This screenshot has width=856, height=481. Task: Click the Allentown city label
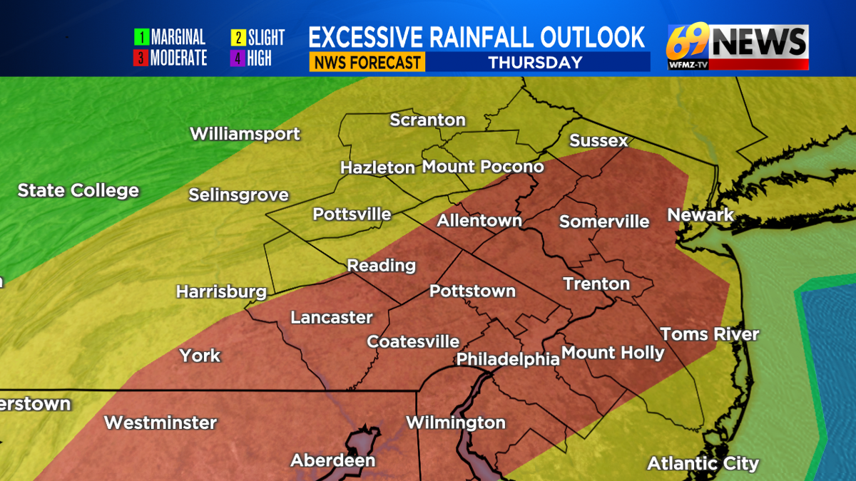coord(479,221)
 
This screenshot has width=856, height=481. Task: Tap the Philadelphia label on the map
coord(508,358)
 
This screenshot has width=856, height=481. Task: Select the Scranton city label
coord(427,120)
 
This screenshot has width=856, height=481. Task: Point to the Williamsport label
coord(245,134)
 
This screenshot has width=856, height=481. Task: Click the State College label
coord(78,190)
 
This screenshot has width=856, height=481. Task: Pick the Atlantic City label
coord(703,464)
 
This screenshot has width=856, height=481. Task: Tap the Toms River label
coord(709,334)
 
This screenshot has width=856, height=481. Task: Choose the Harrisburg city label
coord(221,291)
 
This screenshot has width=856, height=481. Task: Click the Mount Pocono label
coord(483,167)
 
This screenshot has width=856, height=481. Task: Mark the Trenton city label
coord(596,284)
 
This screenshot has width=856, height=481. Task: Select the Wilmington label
coord(456,423)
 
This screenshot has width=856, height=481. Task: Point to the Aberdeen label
coord(332,460)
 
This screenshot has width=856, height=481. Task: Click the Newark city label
coord(700,214)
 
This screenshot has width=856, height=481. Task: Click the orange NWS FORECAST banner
coord(367,62)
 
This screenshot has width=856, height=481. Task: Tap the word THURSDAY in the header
coord(535,62)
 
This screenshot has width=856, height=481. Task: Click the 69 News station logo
coord(737,46)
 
